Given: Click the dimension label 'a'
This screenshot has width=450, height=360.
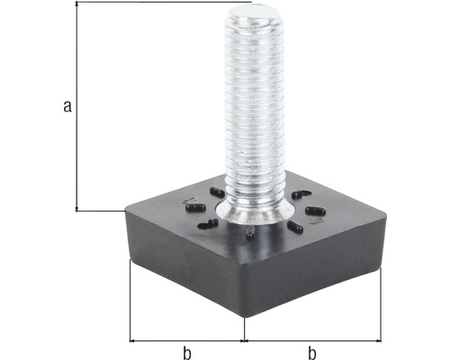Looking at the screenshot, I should click(66, 108).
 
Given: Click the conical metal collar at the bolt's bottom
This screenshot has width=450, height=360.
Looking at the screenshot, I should click(257, 214).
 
